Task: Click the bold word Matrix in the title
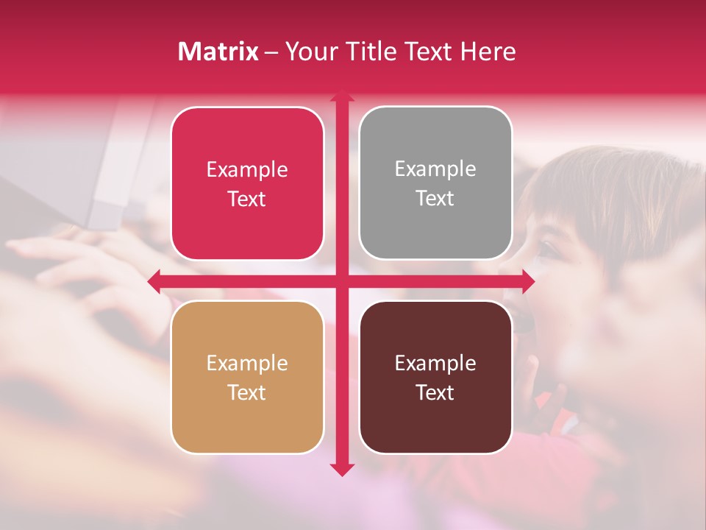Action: point(218,52)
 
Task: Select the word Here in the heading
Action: point(488,52)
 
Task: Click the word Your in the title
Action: point(310,52)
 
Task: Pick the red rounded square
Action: point(247,184)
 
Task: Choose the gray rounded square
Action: point(435,183)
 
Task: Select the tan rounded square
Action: point(247,377)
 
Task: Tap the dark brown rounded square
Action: point(435,377)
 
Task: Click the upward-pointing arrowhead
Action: point(342,96)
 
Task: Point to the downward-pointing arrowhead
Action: point(342,469)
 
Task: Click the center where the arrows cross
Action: point(342,281)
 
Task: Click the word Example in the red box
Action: point(247,170)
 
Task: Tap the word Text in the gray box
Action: point(435,198)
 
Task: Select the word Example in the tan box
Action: point(247,363)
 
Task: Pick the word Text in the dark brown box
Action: point(435,392)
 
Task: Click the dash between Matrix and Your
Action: point(271,52)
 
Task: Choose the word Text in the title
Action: point(429,52)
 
